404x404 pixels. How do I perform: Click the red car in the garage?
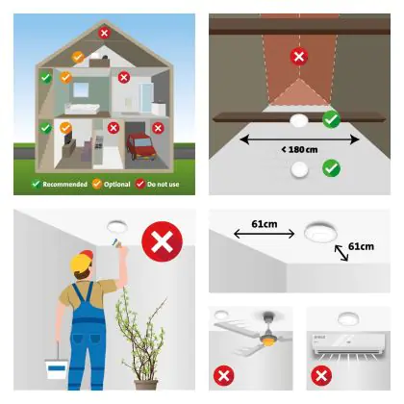pos(140,146)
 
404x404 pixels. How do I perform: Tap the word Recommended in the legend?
pos(64,185)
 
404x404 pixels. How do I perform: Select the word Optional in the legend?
pos(117,185)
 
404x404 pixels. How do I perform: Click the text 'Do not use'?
pos(163,185)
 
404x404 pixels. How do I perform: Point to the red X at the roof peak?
pos(104,33)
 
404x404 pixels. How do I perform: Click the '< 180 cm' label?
pos(299,149)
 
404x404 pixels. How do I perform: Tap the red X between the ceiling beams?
pos(299,57)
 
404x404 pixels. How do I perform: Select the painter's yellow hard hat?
pos(81,260)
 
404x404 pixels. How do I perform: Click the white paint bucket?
pos(56,369)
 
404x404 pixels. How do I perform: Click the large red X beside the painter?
pos(162,241)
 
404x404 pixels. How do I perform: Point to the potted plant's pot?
pos(146,385)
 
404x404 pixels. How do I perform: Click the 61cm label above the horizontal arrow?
pos(265,224)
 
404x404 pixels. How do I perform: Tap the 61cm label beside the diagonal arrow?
pos(361,246)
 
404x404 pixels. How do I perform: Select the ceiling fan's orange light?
pos(266,341)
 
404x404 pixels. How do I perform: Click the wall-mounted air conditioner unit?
pos(348,343)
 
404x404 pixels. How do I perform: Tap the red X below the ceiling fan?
pos(224,375)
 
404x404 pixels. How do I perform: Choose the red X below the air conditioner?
pos(321,375)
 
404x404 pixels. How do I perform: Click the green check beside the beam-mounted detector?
pos(332,119)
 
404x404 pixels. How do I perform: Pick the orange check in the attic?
pos(78,57)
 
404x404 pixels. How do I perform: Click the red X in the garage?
pos(158,128)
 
